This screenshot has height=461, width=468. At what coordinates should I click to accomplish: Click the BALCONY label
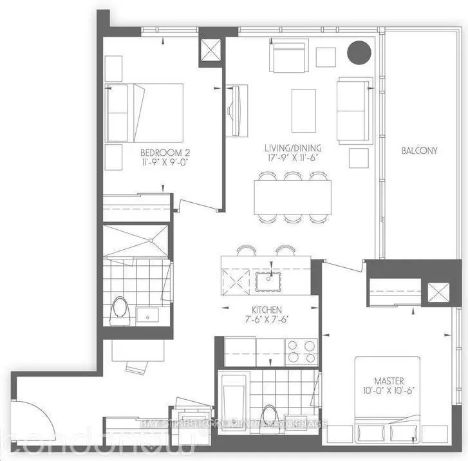(419, 151)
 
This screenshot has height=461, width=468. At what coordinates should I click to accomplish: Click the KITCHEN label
(267, 310)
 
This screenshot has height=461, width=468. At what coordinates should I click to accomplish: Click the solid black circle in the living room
(359, 52)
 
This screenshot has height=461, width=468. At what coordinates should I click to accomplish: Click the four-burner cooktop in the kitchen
(301, 352)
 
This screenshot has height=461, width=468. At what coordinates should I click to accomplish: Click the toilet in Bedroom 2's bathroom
(120, 312)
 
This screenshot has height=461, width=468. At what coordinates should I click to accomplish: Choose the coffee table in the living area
(303, 110)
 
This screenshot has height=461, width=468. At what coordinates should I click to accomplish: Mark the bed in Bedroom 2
(144, 113)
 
